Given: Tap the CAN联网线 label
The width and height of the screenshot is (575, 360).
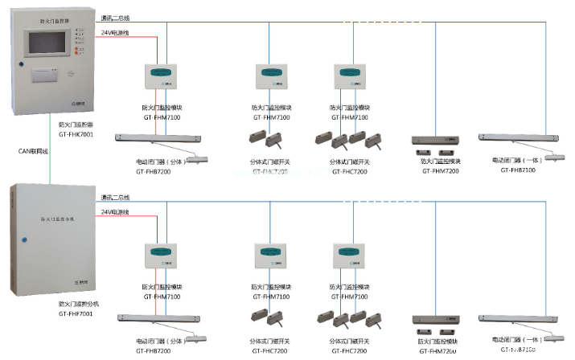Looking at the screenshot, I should point(35,150).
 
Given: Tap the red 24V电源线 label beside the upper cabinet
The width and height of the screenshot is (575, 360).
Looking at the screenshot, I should point(116,32).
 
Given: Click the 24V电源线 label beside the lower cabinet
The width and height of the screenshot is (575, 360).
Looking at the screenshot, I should point(116,211).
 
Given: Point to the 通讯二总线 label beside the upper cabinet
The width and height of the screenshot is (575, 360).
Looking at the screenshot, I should point(116,17).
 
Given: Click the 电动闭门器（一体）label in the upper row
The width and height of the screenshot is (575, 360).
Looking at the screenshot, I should point(515,160).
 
